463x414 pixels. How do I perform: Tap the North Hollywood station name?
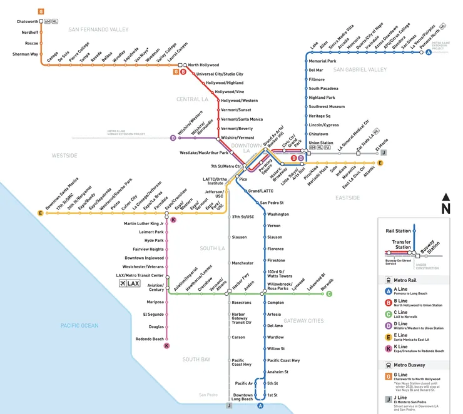pos(203,65)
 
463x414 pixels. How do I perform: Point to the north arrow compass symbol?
pos(445,204)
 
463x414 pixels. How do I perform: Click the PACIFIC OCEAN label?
pos(79,325)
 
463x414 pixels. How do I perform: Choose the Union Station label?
pos(321,143)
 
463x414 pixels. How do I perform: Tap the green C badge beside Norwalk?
pos(329,293)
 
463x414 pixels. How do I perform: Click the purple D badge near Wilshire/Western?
pos(173,138)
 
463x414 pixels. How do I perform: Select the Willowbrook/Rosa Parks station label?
pos(286,286)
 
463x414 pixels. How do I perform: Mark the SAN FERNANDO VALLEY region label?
pos(99,29)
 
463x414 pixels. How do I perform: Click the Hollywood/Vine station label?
pos(229,92)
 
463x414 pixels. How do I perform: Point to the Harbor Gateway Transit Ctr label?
pos(242,318)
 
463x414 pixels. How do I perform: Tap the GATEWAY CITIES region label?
pos(303,320)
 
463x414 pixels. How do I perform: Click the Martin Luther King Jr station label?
pos(143,223)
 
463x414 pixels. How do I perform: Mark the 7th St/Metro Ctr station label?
pos(226,166)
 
